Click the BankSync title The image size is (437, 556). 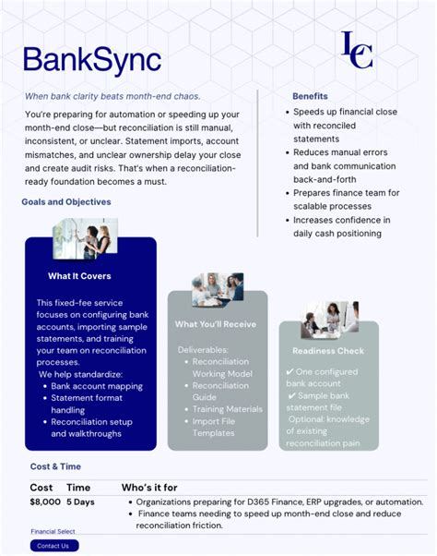pyautogui.click(x=91, y=60)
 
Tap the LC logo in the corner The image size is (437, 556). pyautogui.click(x=357, y=50)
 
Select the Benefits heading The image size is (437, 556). pyautogui.click(x=310, y=96)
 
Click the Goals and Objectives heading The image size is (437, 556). pyautogui.click(x=65, y=201)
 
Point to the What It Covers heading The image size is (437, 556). pyautogui.click(x=79, y=275)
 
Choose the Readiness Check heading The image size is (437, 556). pyautogui.click(x=328, y=351)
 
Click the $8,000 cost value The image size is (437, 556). pyautogui.click(x=45, y=502)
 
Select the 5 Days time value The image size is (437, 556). pyautogui.click(x=79, y=502)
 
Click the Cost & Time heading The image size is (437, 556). pyautogui.click(x=55, y=467)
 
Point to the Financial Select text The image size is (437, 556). pyautogui.click(x=53, y=532)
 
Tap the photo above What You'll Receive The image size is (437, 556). pyautogui.click(x=218, y=289)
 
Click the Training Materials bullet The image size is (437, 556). pyautogui.click(x=227, y=409)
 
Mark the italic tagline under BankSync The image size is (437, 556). pyautogui.click(x=112, y=96)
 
